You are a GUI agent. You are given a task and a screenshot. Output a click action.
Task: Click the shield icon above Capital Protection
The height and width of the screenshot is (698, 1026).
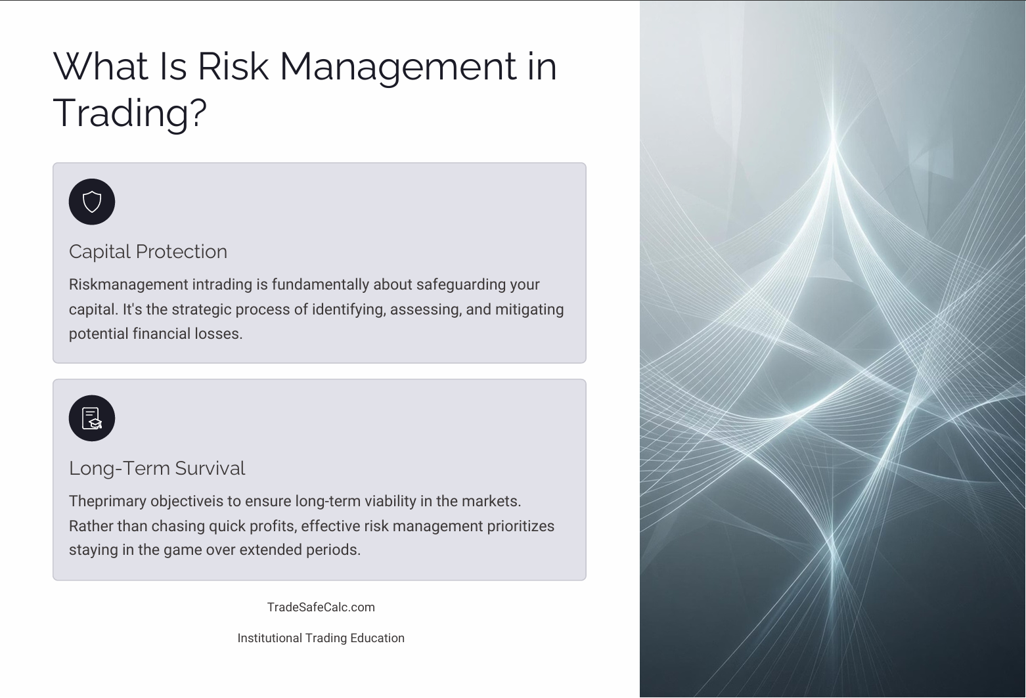click(x=92, y=202)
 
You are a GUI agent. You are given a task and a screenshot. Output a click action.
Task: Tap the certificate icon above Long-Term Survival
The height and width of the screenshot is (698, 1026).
click(x=92, y=418)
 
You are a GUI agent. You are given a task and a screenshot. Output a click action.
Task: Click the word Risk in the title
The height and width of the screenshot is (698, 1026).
click(x=233, y=66)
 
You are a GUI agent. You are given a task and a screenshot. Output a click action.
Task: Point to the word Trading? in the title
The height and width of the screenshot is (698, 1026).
click(x=129, y=112)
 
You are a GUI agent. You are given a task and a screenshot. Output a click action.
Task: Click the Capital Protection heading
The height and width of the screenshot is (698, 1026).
click(x=148, y=251)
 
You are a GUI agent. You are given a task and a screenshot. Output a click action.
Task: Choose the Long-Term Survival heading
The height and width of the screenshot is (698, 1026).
click(x=156, y=468)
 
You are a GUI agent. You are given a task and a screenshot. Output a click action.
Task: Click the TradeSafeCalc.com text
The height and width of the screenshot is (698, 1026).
click(x=321, y=607)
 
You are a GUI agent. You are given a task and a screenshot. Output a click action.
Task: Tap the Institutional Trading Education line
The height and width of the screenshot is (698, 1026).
click(x=321, y=638)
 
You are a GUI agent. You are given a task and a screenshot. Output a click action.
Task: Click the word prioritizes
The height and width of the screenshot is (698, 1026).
click(x=520, y=526)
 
